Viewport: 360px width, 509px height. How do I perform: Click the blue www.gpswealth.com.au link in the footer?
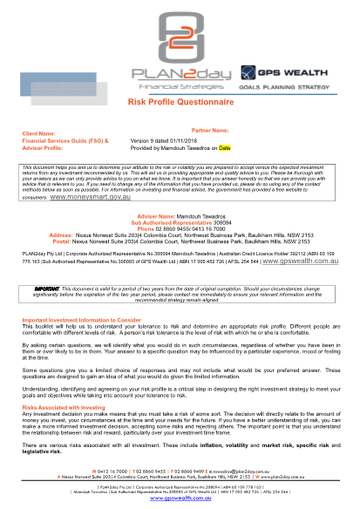180,499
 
